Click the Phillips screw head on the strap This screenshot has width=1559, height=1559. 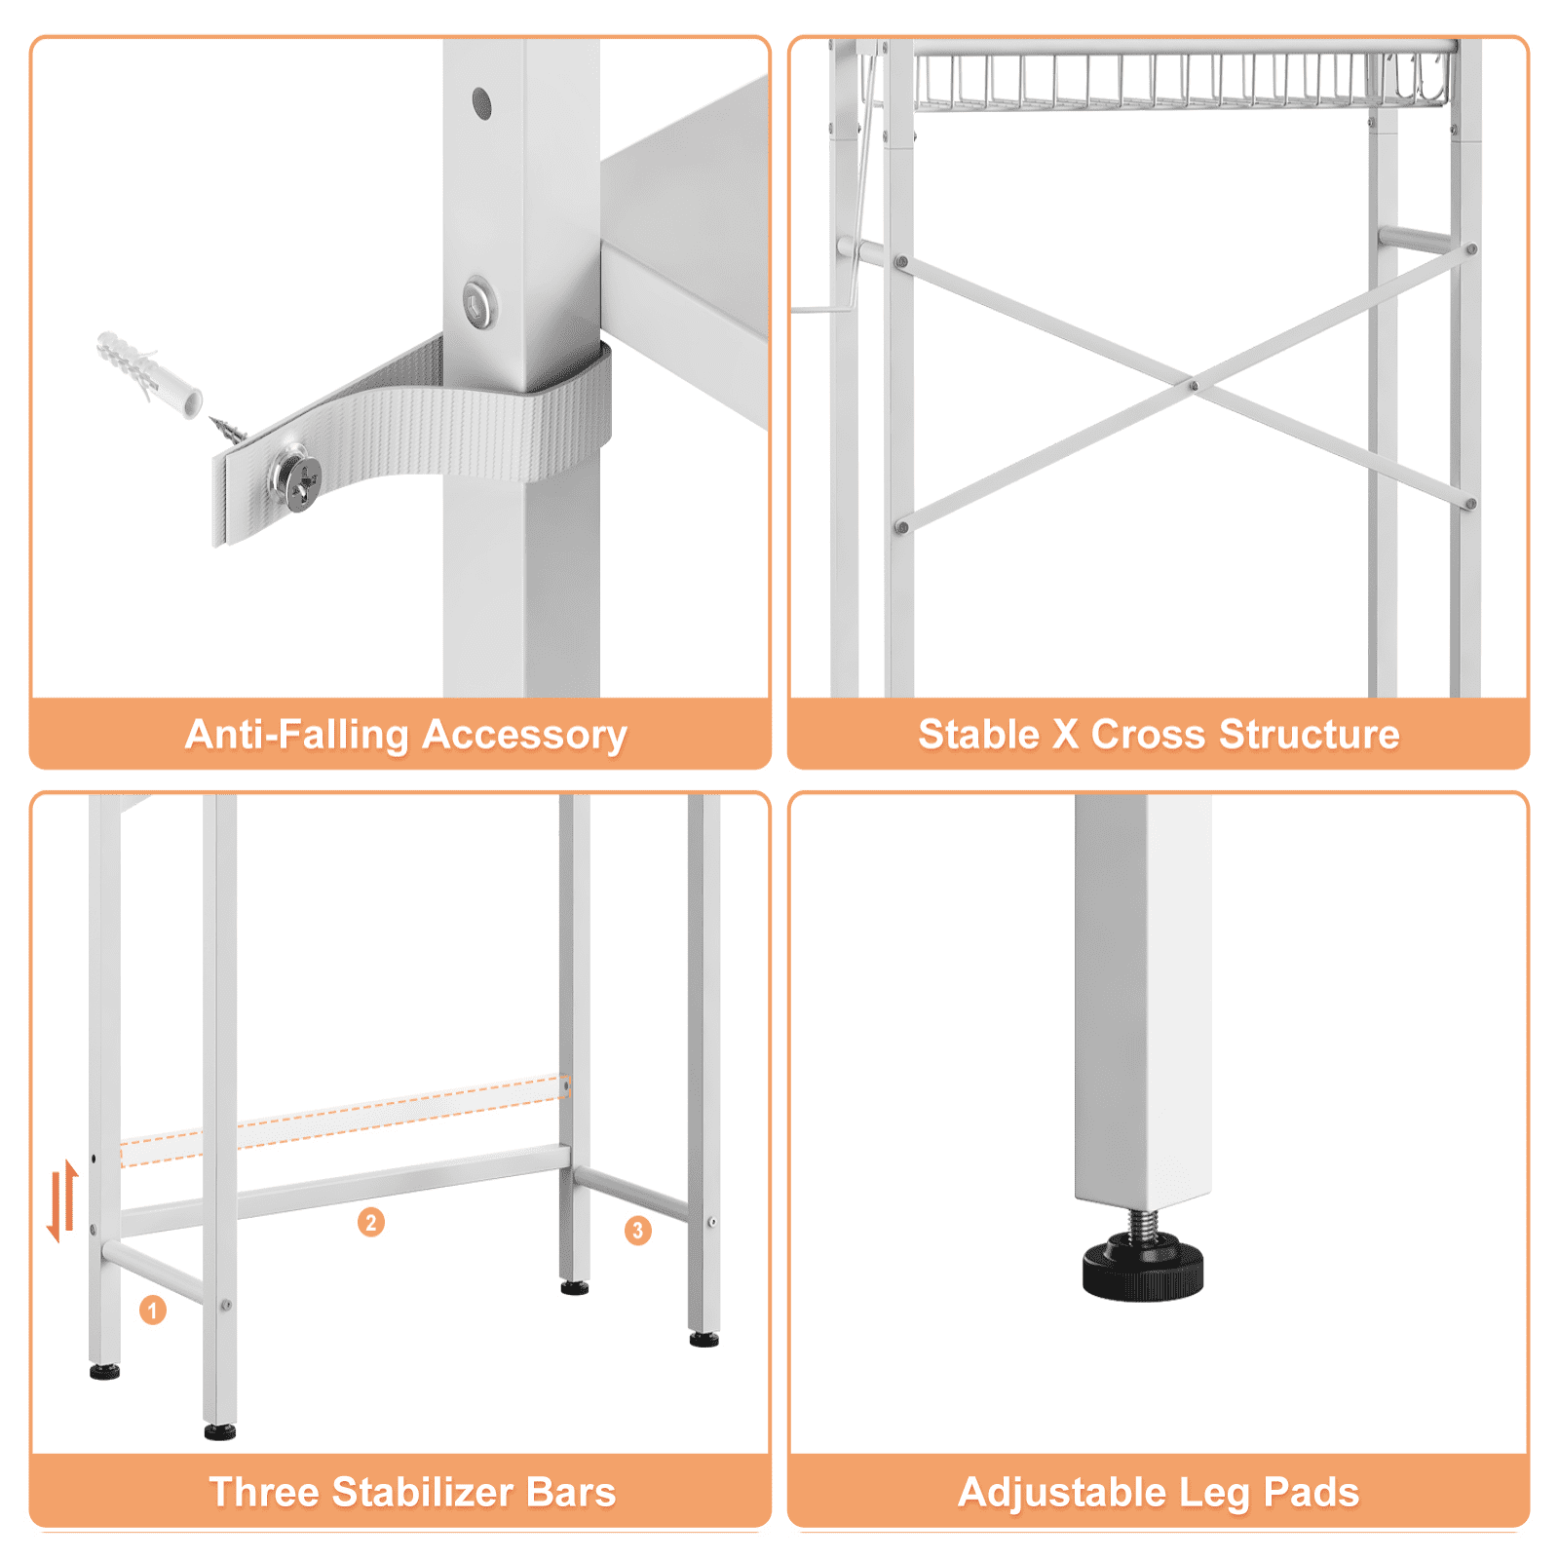pyautogui.click(x=297, y=479)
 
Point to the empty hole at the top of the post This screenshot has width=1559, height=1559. pyautogui.click(x=481, y=103)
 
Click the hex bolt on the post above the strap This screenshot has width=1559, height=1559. pyautogui.click(x=478, y=304)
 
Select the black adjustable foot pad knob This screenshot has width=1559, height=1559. pyautogui.click(x=1143, y=1266)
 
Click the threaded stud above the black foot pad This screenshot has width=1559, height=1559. pyautogui.click(x=1142, y=1222)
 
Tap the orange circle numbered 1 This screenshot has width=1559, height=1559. pyautogui.click(x=153, y=1310)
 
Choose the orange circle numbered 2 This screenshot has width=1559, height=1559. pyautogui.click(x=370, y=1221)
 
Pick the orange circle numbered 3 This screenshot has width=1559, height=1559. pyautogui.click(x=637, y=1230)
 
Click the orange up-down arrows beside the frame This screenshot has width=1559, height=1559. pyautogui.click(x=62, y=1199)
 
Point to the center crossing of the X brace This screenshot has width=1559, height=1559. pyautogui.click(x=1194, y=385)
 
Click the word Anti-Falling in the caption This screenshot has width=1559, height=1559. pyautogui.click(x=296, y=735)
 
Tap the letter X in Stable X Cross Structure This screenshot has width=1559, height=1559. pyautogui.click(x=1065, y=735)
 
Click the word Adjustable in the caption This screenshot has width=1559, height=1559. pyautogui.click(x=1062, y=1493)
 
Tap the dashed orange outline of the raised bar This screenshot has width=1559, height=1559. pyautogui.click(x=343, y=1121)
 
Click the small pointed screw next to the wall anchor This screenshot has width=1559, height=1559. pyautogui.click(x=228, y=429)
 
